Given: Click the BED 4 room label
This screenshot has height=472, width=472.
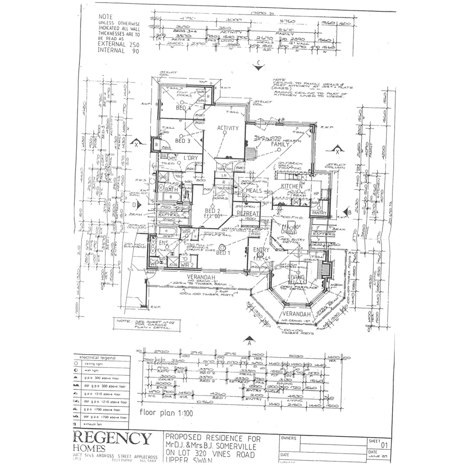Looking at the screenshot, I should pos(184,108).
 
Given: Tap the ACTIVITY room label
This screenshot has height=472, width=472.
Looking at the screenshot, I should pos(228,128).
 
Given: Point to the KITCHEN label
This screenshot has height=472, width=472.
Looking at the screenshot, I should pos(292,187).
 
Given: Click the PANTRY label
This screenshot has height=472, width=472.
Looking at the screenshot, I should pos(319,213).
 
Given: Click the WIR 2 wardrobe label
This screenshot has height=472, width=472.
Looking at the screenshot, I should pos(187,265).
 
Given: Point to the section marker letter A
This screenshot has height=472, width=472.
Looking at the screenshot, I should pos(249,343).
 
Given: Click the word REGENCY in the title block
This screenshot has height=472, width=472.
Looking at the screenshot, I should pos(112,438).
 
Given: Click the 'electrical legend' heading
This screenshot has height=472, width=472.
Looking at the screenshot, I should pos(97,358).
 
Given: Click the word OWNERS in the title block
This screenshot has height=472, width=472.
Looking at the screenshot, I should pos(289,438).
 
